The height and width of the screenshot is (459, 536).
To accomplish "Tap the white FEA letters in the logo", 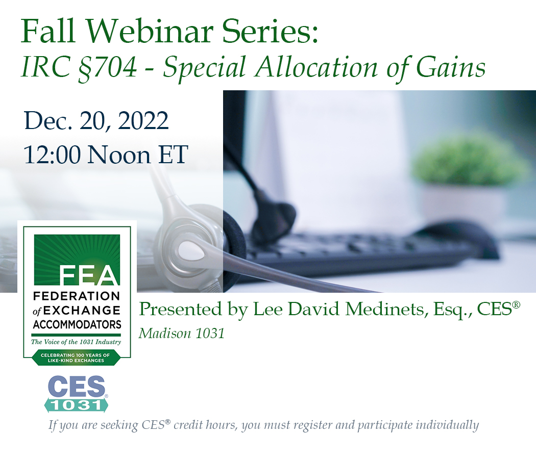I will coord(89,276).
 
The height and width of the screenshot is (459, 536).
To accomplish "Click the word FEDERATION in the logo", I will coord(77,296).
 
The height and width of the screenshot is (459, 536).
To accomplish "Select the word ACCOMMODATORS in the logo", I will coord(77,324).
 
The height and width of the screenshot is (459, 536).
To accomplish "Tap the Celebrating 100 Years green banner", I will coord(77,358).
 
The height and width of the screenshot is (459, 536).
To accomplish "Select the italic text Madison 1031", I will coord(182,333).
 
